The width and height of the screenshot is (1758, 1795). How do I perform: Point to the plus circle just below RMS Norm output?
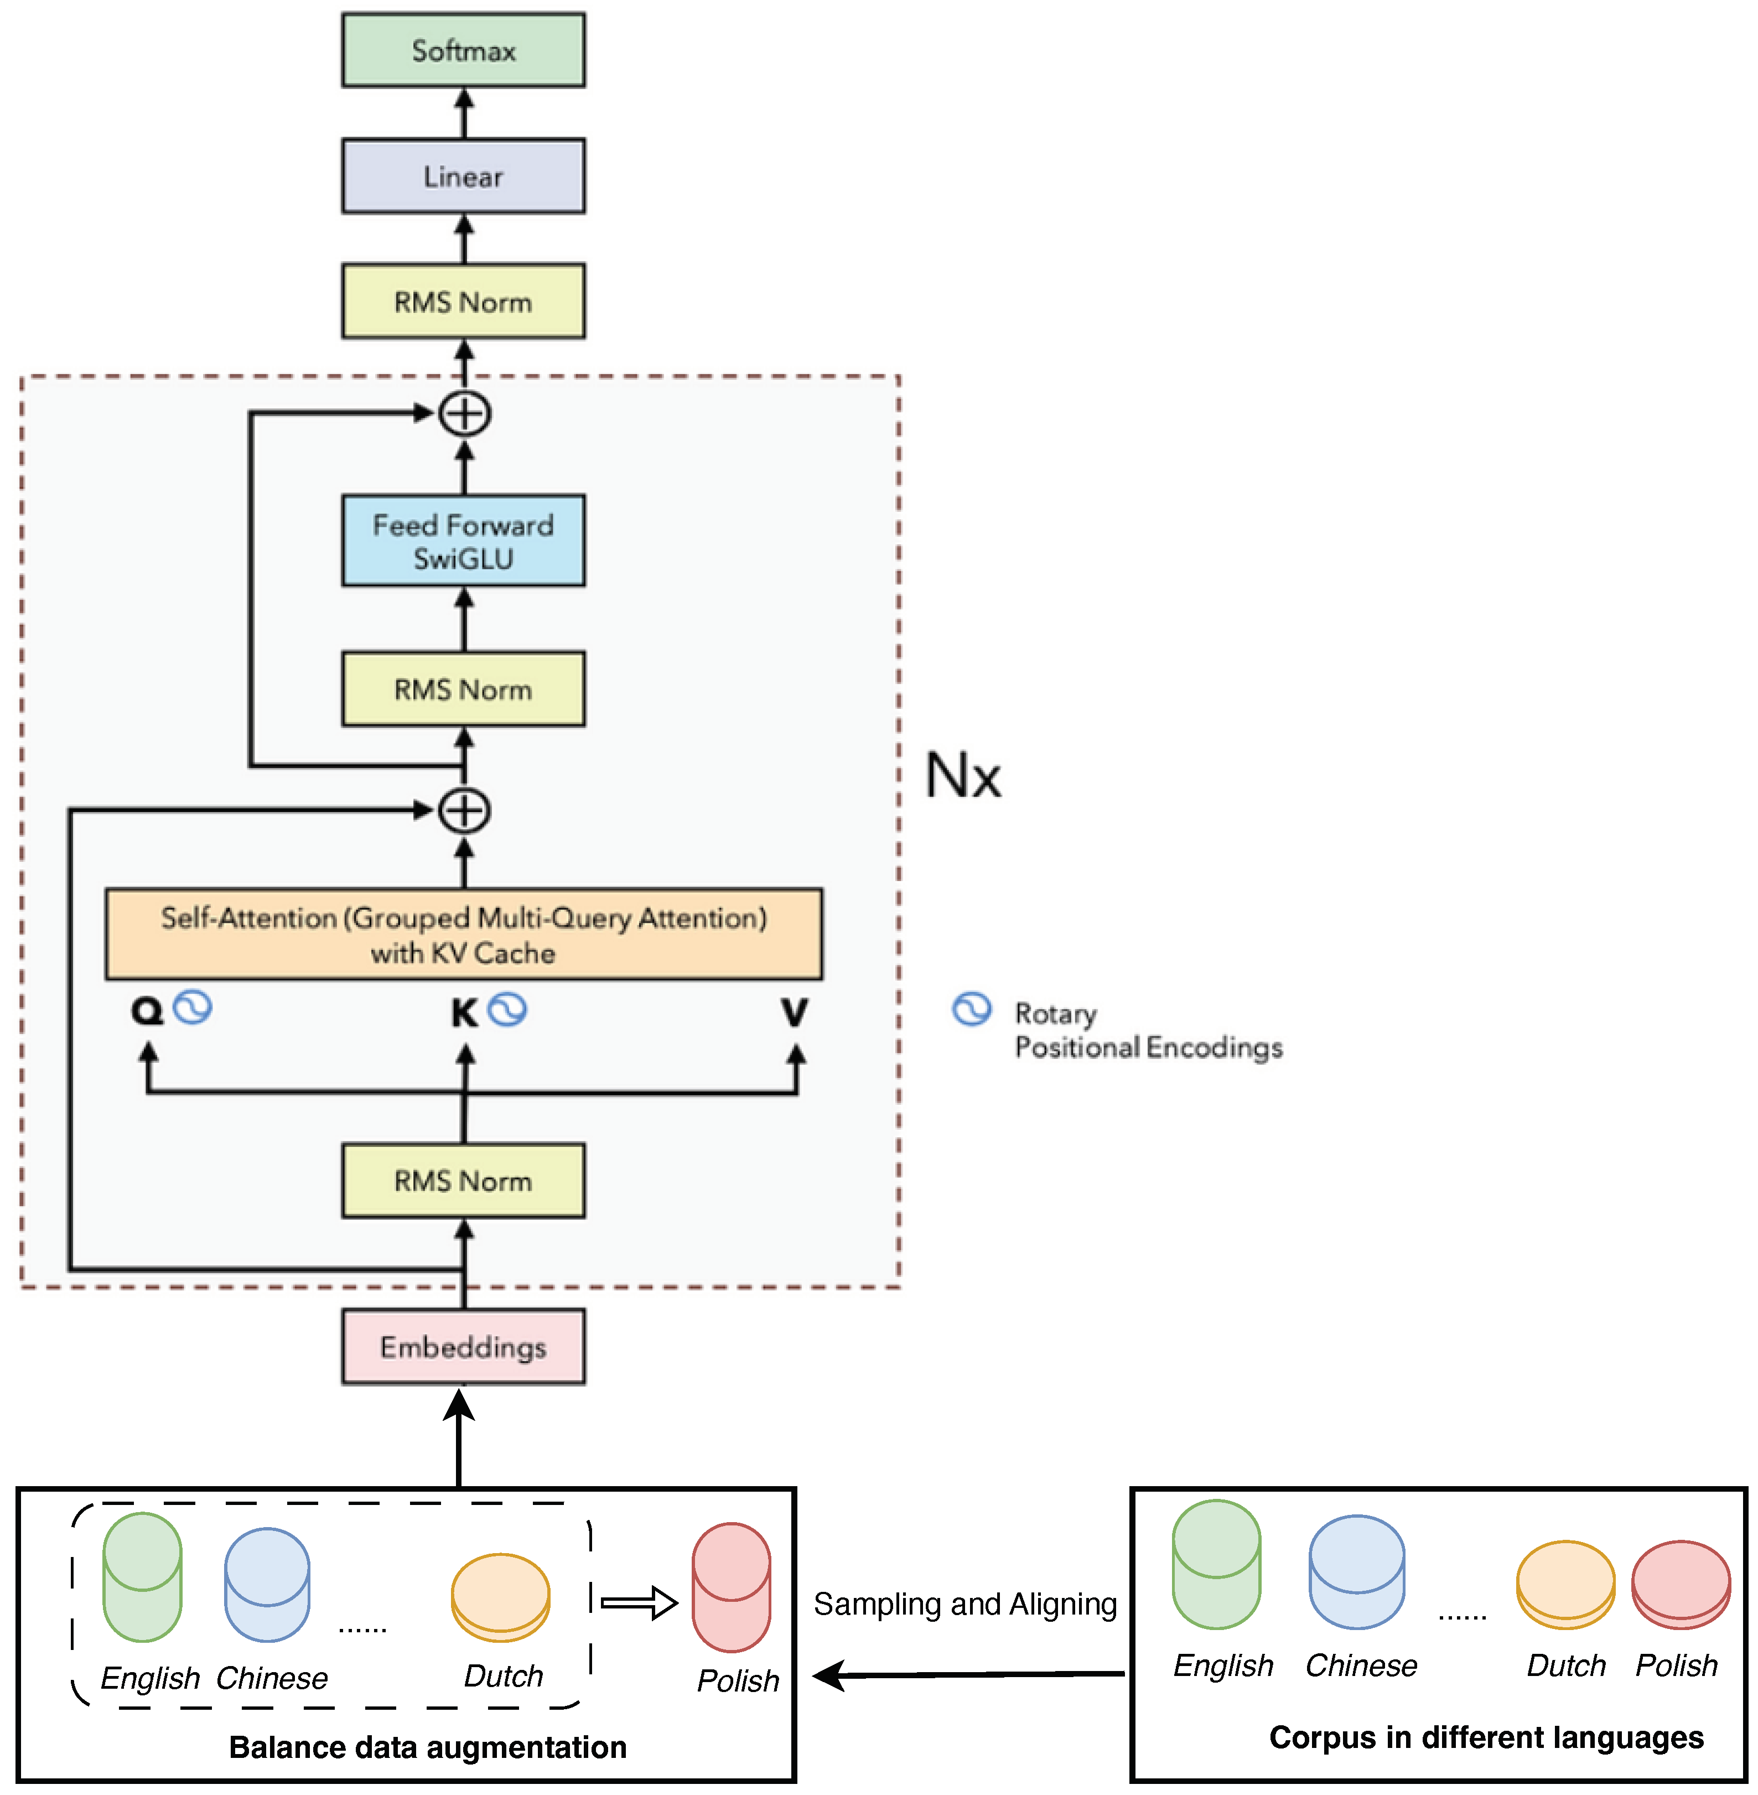click(x=464, y=413)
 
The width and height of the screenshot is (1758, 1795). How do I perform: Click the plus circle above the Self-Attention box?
click(x=464, y=811)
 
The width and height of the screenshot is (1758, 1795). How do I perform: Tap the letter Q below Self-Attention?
click(x=147, y=1011)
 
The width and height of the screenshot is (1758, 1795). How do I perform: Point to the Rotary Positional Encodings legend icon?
click(x=971, y=1009)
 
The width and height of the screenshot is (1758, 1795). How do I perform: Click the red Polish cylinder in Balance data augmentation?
click(x=732, y=1588)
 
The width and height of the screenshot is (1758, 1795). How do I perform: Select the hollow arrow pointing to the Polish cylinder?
click(x=639, y=1603)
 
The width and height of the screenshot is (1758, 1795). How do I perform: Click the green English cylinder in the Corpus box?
click(x=1216, y=1565)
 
